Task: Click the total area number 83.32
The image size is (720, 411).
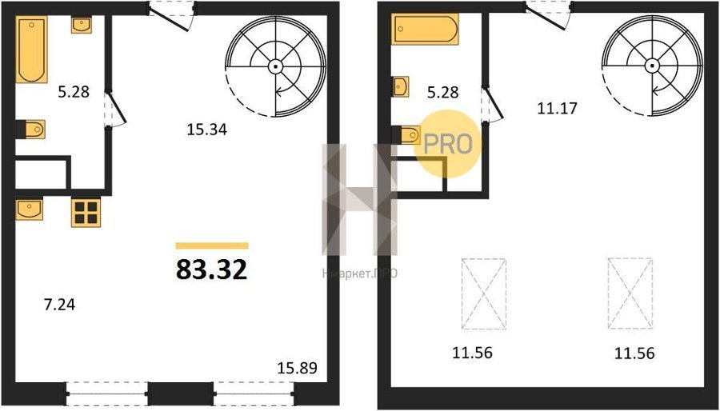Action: (212, 269)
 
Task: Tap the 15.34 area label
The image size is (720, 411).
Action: (207, 130)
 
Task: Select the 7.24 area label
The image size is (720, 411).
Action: (60, 304)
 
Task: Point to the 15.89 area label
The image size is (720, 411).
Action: (297, 368)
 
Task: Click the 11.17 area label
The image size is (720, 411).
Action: (557, 109)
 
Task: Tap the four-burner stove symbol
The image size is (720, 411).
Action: (86, 213)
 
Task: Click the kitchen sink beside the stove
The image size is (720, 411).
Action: (30, 209)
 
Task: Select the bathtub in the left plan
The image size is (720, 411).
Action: (32, 50)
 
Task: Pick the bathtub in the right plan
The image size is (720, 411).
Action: (426, 29)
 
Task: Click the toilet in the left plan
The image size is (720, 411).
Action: (32, 130)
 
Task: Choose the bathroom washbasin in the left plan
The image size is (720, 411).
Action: (82, 25)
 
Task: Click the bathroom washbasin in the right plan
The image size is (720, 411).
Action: (401, 86)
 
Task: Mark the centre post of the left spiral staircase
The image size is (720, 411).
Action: (275, 66)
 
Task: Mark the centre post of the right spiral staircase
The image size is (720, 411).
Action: (652, 66)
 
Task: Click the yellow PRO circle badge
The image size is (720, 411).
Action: (448, 144)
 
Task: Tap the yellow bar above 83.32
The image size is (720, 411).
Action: (212, 245)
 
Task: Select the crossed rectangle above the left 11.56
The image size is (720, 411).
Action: (484, 293)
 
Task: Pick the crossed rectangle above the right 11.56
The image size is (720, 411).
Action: (630, 293)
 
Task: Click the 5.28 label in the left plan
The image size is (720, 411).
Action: (74, 93)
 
